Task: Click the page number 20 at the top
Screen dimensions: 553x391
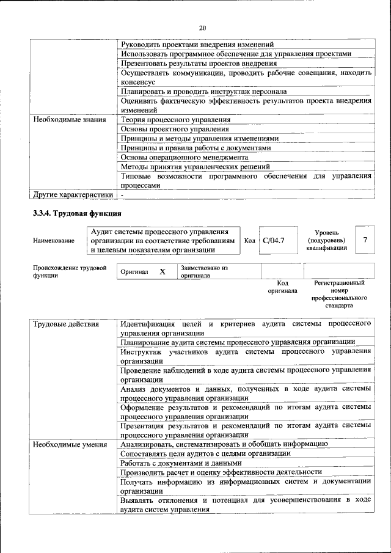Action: [x=203, y=27]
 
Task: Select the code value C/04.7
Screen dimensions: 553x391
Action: [x=274, y=240]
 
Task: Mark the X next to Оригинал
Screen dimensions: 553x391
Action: [x=163, y=271]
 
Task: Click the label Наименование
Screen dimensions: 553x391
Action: [x=54, y=241]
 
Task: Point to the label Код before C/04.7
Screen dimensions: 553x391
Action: [x=249, y=241]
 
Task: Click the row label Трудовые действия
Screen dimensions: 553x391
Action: [x=66, y=323]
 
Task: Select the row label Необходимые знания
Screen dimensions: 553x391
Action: [x=70, y=120]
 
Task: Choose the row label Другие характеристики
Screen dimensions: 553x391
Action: [x=73, y=195]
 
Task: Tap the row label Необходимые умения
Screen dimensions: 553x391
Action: [x=70, y=444]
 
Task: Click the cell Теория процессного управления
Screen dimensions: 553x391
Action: [x=175, y=120]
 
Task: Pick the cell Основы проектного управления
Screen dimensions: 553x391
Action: [x=175, y=129]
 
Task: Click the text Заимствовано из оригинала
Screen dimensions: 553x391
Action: [x=204, y=272]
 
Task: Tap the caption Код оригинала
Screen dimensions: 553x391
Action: [x=282, y=287]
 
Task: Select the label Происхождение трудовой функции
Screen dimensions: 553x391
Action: [x=70, y=271]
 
